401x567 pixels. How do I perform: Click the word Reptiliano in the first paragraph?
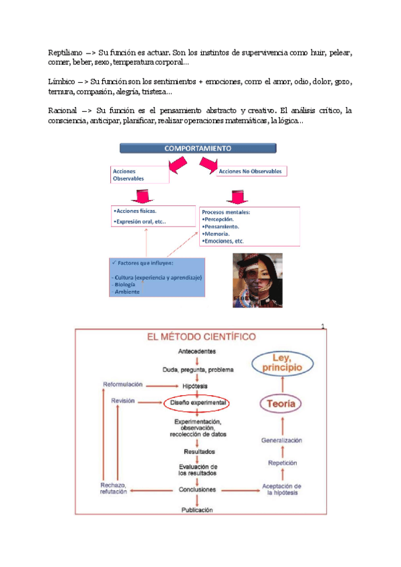(x=67, y=51)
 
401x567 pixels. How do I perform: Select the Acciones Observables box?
(x=140, y=174)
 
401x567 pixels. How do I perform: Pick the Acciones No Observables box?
(x=250, y=171)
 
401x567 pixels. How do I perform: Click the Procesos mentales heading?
(x=226, y=212)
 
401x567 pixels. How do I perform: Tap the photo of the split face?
(x=258, y=280)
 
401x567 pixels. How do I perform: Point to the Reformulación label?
(x=124, y=384)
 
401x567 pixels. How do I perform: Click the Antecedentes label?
(x=197, y=351)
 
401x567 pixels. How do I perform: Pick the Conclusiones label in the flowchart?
(x=197, y=489)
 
